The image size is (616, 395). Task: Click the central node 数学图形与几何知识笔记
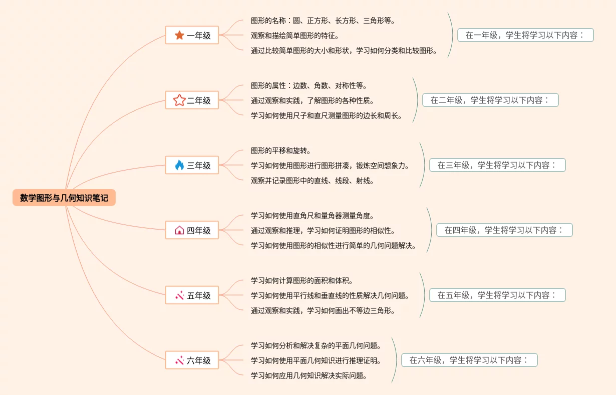[x=64, y=198]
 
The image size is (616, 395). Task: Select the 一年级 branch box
[x=192, y=35]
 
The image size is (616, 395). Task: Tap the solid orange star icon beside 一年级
[x=179, y=35]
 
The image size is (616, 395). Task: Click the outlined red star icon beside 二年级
[x=179, y=100]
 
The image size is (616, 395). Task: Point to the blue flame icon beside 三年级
[x=179, y=165]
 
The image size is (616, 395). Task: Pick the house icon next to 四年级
[x=179, y=230]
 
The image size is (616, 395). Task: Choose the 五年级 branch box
[x=192, y=295]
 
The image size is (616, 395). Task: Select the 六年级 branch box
[x=192, y=360]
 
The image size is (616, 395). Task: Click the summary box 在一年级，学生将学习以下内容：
[x=525, y=35]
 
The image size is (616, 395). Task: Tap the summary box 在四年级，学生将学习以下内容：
[x=504, y=230]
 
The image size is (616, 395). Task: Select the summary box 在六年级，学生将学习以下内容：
[x=469, y=360]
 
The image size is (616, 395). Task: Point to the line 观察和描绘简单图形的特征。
[x=295, y=35]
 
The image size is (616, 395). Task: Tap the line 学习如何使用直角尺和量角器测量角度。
[x=313, y=215]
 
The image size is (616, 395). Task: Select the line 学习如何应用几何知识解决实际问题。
[x=309, y=375]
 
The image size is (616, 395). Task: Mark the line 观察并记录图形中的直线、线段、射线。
[x=313, y=180]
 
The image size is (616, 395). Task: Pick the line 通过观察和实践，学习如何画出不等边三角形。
[x=323, y=310]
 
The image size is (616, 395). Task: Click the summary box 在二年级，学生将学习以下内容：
[x=490, y=100]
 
